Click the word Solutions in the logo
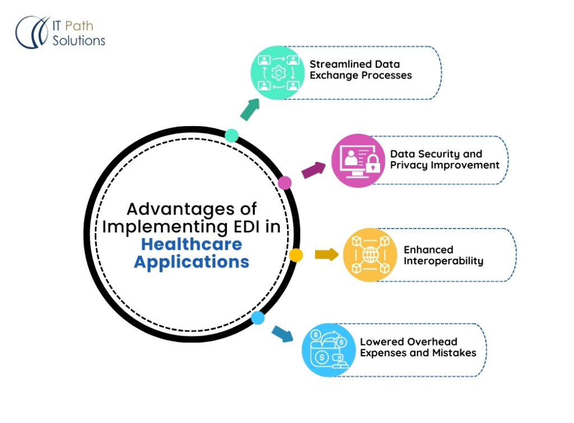tap(78, 40)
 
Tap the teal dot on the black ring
tap(232, 136)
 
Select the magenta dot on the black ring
tap(285, 182)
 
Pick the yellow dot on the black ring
tap(296, 255)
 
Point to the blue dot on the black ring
tap(258, 318)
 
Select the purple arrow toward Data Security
tap(314, 170)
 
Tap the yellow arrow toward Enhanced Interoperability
tap(326, 255)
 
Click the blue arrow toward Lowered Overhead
tap(283, 333)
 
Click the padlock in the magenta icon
tap(372, 165)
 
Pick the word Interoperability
tap(443, 261)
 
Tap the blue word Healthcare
tap(191, 244)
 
